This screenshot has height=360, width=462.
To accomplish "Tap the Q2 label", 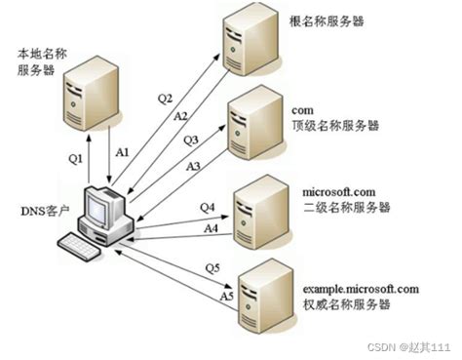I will (165, 98).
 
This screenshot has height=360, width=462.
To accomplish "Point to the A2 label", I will (180, 116).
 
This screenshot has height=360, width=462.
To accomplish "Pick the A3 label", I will (193, 167).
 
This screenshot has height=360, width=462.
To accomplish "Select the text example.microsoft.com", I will (361, 289).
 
